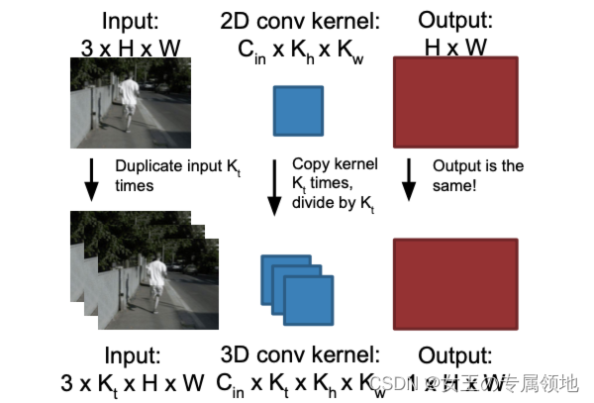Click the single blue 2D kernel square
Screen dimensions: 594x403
(298, 109)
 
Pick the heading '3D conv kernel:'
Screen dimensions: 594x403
(298, 354)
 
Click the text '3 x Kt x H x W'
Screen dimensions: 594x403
(132, 382)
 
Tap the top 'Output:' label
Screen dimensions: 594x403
(455, 20)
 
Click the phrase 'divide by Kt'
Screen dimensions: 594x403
(333, 203)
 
